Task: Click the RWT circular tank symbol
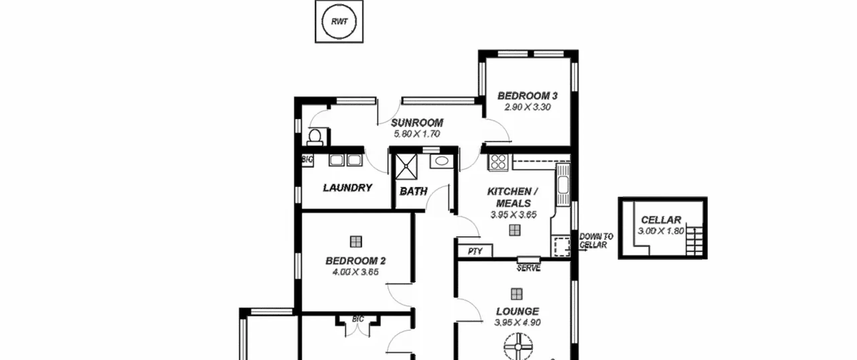[x=339, y=21]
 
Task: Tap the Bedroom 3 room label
[x=528, y=96]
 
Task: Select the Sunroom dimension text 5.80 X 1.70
[x=417, y=134]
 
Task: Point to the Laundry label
[x=347, y=188]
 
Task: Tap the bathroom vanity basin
[x=442, y=161]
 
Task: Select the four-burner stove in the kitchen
[x=498, y=162]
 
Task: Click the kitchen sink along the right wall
[x=563, y=185]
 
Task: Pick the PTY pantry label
[x=475, y=251]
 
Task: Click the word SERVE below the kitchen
[x=529, y=268]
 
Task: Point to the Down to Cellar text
[x=596, y=241]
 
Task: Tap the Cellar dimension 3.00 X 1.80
[x=661, y=231]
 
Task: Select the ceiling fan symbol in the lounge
[x=518, y=346]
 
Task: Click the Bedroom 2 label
[x=356, y=261]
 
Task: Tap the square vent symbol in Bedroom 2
[x=356, y=241]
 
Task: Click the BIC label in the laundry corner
[x=307, y=159]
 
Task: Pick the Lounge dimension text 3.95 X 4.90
[x=517, y=322]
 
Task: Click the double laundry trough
[x=345, y=160]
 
